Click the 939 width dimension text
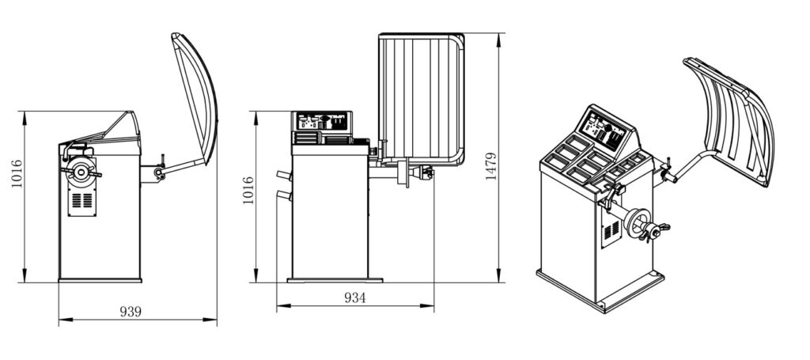tap(131, 312)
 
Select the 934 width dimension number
tap(354, 297)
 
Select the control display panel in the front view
tap(321, 121)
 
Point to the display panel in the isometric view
tap(604, 130)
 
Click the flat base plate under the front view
tap(335, 279)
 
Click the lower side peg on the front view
tap(282, 195)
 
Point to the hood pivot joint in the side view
tap(160, 172)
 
